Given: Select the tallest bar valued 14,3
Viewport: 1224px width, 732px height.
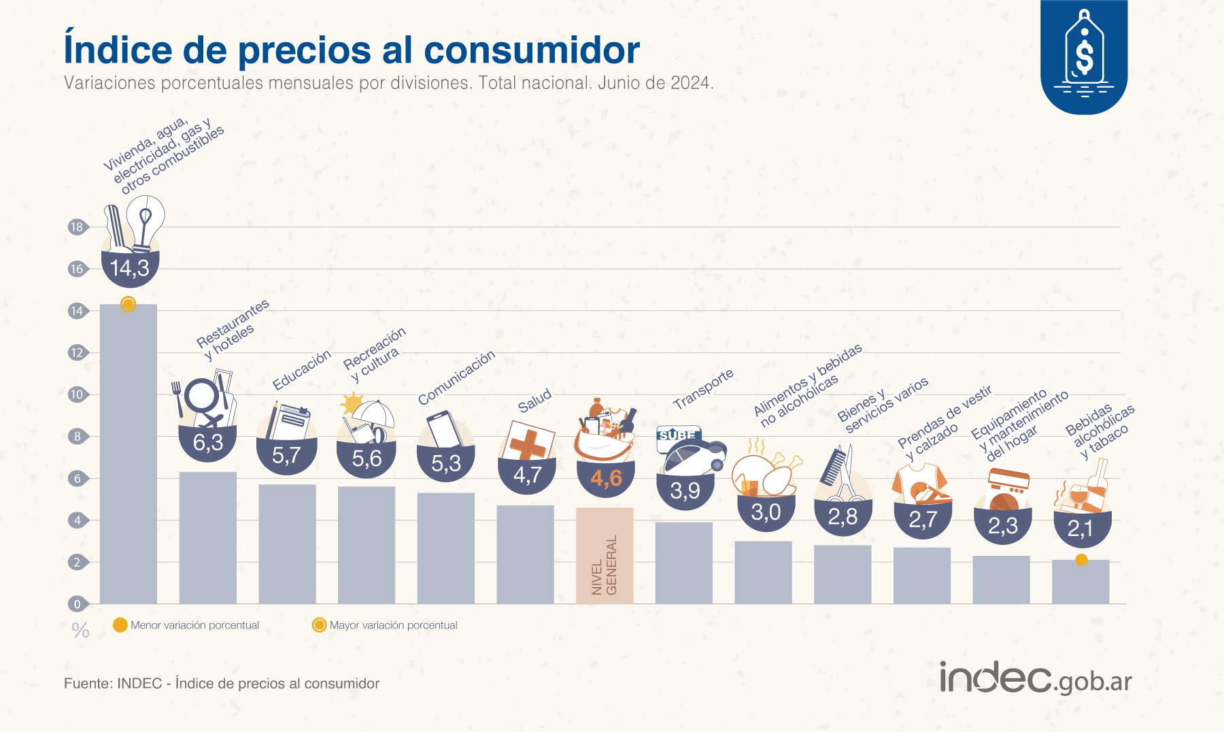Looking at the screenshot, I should [x=129, y=456].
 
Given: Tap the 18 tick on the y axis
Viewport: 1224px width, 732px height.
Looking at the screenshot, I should [x=77, y=227].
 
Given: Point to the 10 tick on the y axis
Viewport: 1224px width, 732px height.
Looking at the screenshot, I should [x=77, y=395].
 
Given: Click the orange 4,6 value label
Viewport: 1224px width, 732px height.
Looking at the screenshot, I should [x=606, y=478].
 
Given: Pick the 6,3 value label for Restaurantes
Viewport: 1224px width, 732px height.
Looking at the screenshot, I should [x=208, y=443].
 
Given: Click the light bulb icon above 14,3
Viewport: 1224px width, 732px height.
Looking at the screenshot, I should [x=146, y=221].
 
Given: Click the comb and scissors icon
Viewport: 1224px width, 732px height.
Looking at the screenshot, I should [x=838, y=469].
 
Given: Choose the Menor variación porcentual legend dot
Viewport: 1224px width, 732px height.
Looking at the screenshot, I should [x=120, y=625].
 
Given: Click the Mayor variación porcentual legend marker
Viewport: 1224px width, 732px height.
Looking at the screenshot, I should [x=319, y=625].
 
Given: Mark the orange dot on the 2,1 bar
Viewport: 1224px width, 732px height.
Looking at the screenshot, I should [x=1081, y=560].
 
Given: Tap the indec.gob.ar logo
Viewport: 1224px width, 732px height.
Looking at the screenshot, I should [x=1036, y=678].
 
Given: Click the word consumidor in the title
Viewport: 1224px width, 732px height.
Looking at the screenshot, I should [x=532, y=50].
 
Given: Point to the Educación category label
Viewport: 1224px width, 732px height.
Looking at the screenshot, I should [x=301, y=369].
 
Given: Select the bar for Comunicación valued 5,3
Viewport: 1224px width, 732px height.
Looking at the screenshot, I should [x=446, y=548].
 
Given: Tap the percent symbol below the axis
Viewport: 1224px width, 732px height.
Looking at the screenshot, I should [x=80, y=631].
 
